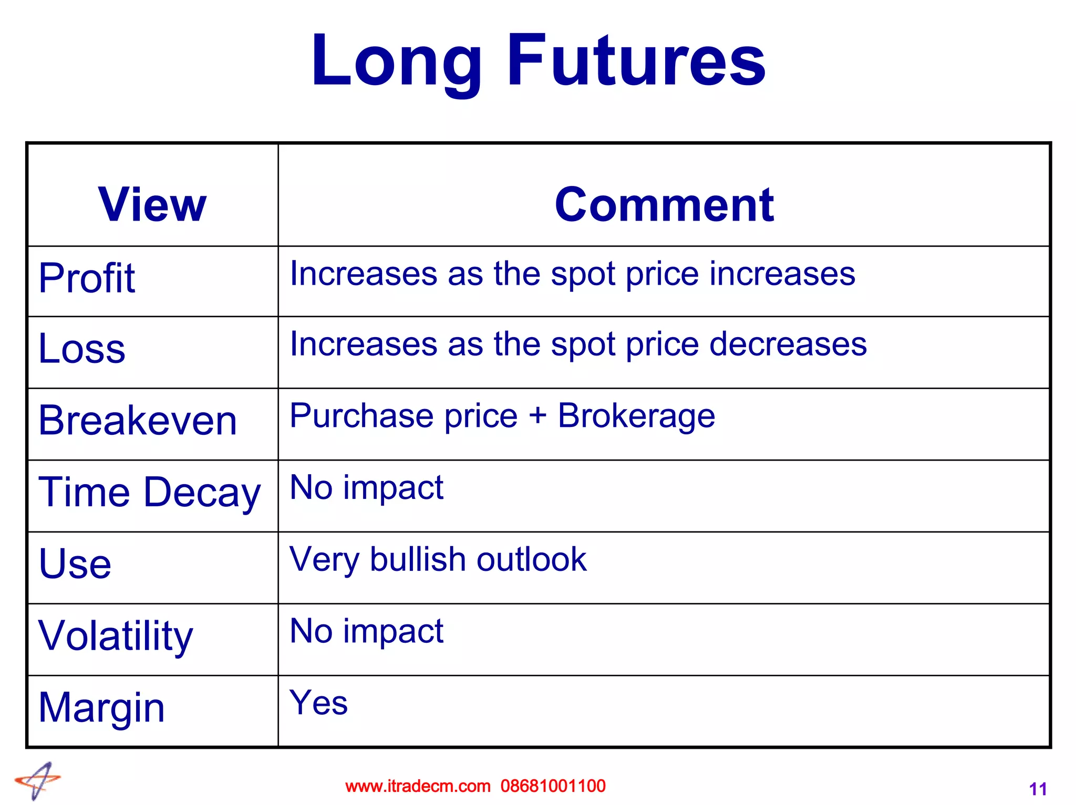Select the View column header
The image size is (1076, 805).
point(152,204)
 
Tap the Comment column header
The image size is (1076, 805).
point(664,204)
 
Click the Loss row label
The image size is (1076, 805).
point(82,348)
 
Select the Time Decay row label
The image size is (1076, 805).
point(150,492)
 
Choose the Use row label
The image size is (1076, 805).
point(75,563)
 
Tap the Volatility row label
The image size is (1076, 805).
point(116,635)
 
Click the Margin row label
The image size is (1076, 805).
point(102,707)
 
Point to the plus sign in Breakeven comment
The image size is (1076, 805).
point(537,416)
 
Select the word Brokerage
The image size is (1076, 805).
point(636,416)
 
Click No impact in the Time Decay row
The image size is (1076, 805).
point(367,487)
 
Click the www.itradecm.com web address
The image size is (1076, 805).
point(418,786)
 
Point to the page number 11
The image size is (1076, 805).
point(1038,789)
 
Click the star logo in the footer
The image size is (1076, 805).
point(38,780)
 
